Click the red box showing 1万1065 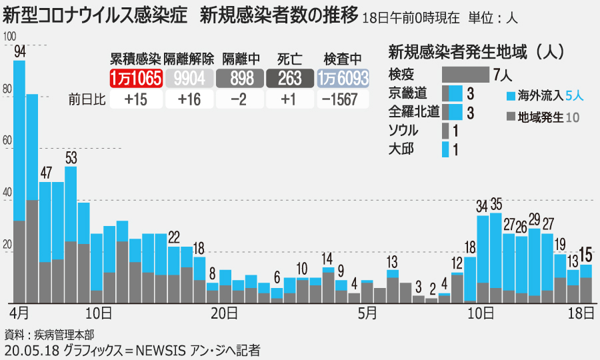(136, 79)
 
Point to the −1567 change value (343, 99)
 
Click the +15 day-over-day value (136, 99)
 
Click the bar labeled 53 (71, 233)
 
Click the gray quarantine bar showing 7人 (465, 74)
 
